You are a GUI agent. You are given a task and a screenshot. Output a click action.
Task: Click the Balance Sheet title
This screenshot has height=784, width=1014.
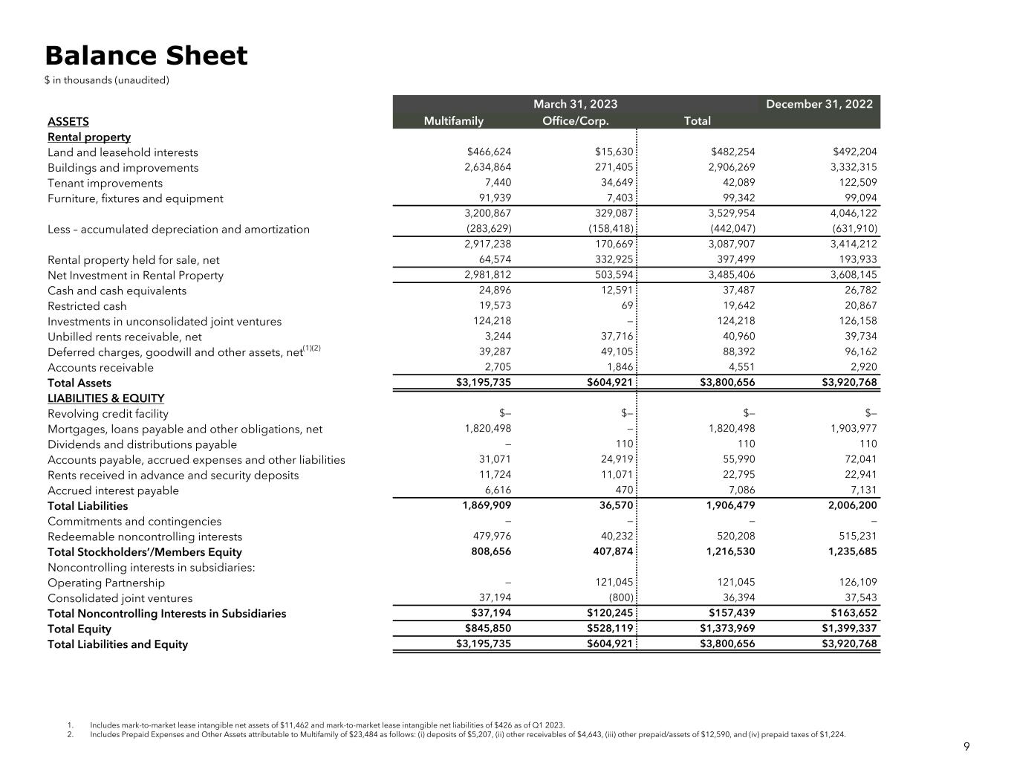(x=146, y=56)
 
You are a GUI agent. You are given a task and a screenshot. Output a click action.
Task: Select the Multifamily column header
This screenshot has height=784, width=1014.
(x=453, y=121)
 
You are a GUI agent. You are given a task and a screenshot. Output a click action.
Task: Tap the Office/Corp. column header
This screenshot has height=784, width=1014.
(x=576, y=121)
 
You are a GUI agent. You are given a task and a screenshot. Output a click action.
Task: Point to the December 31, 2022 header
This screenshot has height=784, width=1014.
(x=819, y=104)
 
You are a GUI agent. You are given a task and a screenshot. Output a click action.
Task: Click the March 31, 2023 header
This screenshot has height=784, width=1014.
(x=575, y=104)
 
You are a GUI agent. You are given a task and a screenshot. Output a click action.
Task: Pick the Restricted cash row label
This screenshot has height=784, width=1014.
(x=87, y=306)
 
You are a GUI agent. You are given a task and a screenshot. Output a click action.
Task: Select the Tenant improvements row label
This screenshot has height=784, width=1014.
(x=105, y=184)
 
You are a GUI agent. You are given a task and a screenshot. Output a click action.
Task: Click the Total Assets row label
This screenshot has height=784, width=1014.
(x=79, y=383)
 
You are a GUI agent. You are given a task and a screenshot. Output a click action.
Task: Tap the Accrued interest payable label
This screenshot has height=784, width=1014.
(x=113, y=490)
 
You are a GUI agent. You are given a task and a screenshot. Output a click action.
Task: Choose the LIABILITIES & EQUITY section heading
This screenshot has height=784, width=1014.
(x=105, y=398)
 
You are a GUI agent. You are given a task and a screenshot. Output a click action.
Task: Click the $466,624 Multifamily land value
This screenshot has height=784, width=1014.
(x=489, y=152)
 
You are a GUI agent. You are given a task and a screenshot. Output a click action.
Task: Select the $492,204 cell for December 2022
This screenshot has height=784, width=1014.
(x=855, y=152)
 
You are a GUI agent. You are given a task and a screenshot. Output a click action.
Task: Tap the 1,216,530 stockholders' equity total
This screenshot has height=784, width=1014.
(x=728, y=551)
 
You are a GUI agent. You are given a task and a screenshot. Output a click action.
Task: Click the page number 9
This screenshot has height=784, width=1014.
(x=966, y=748)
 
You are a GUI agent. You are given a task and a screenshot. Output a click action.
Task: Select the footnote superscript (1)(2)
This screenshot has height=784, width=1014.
(x=311, y=348)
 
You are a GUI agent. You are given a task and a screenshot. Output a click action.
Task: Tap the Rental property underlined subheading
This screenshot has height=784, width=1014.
(x=89, y=137)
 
